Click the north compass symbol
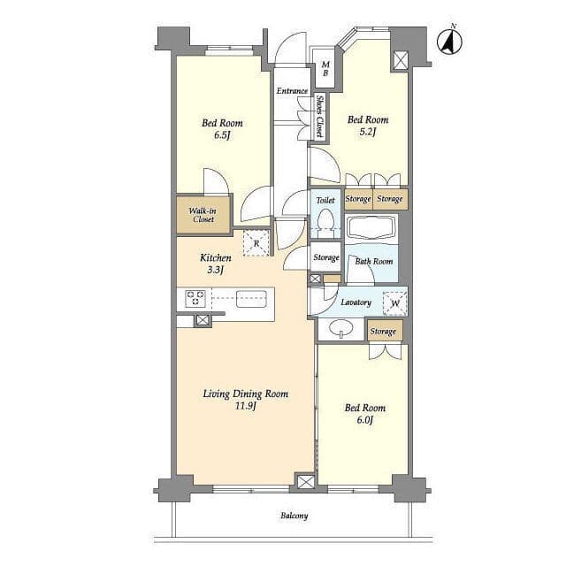450,41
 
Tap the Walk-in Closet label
203,215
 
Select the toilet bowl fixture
325,220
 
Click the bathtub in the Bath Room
371,227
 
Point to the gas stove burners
195,298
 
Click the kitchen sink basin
251,299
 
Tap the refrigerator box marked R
256,243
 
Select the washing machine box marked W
395,302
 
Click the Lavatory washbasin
340,328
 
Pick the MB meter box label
325,69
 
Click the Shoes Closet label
319,116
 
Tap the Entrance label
293,91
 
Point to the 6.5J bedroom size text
222,135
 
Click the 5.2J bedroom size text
368,132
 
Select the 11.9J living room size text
246,406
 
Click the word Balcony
294,516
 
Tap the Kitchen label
216,257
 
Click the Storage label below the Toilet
326,257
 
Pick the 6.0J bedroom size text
364,420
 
